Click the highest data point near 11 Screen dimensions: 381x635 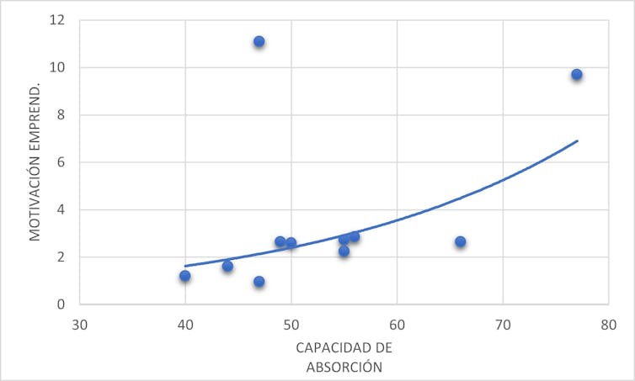click(259, 41)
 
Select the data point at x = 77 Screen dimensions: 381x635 click(577, 75)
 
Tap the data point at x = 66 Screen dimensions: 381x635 click(460, 241)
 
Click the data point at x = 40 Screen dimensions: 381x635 click(185, 276)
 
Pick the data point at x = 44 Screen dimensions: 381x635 click(227, 266)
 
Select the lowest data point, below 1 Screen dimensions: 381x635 click(259, 282)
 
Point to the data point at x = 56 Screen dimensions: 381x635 click(355, 236)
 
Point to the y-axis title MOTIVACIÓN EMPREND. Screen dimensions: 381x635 click(35, 161)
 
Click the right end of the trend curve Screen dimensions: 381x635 click(577, 140)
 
